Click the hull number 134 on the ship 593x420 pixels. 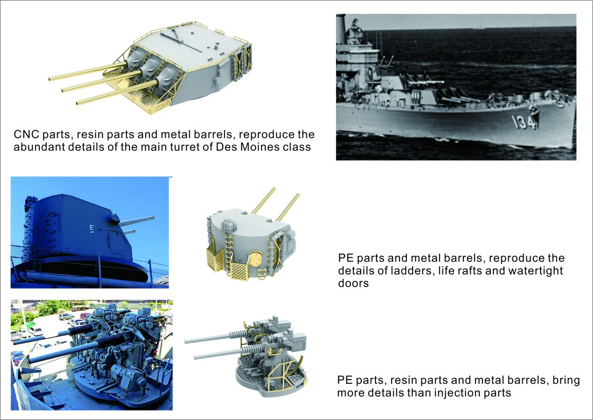coord(523,122)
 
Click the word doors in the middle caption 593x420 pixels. coord(353,283)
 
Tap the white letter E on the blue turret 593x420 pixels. coord(91,228)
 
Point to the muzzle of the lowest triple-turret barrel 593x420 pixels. coord(78,102)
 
